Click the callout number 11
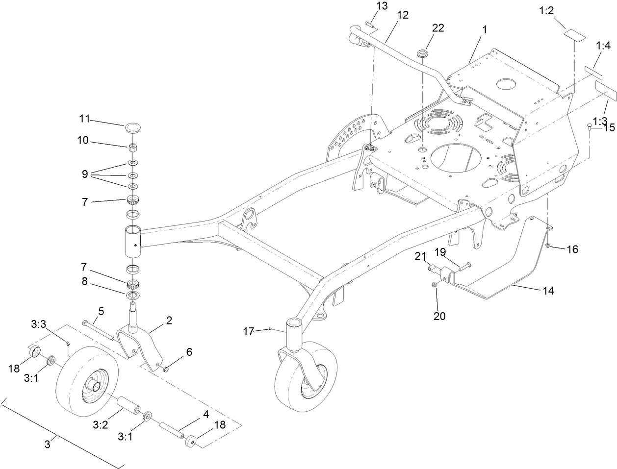point(85,119)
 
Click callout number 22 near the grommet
point(437,28)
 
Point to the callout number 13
point(382,6)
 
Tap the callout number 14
point(548,291)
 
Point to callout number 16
point(572,249)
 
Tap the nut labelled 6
point(166,368)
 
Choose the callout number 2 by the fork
point(169,321)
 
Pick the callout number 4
point(206,414)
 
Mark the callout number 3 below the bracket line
point(47,445)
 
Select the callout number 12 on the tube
point(402,15)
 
